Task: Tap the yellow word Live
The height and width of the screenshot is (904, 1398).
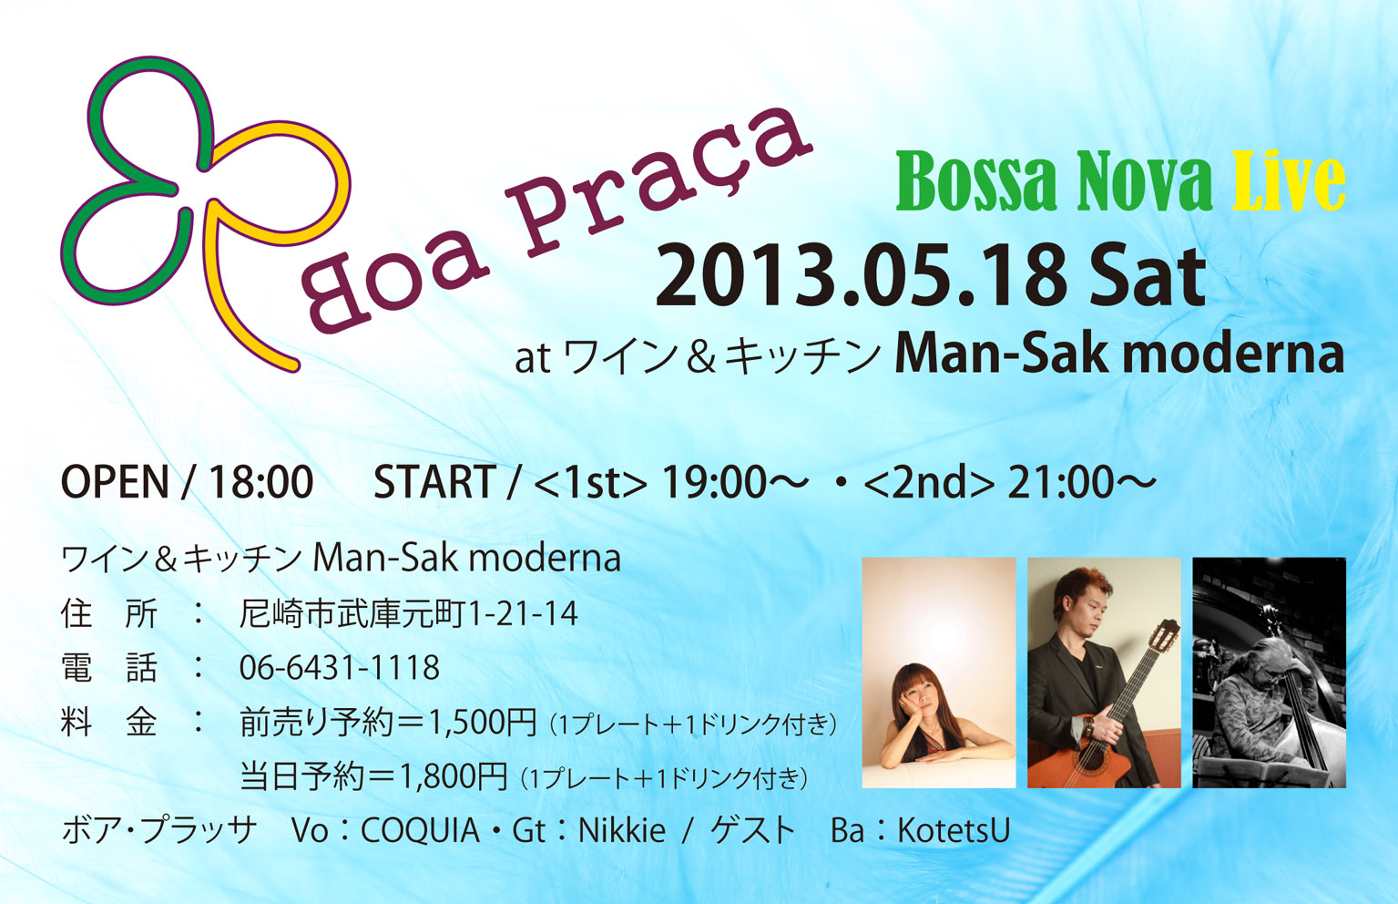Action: pyautogui.click(x=1288, y=182)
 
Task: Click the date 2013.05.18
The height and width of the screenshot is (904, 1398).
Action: pyautogui.click(x=860, y=276)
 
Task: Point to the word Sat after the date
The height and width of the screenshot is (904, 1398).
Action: pyautogui.click(x=1147, y=276)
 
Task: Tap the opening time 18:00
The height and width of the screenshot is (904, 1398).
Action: pyautogui.click(x=260, y=482)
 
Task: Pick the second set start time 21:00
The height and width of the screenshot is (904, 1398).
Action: pyautogui.click(x=1060, y=482)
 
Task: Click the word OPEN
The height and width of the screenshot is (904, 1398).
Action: pyautogui.click(x=115, y=482)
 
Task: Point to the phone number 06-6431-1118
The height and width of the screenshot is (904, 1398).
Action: pyautogui.click(x=340, y=667)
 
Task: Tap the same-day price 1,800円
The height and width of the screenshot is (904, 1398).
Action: pyautogui.click(x=454, y=777)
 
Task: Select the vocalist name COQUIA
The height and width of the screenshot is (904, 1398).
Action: pyautogui.click(x=419, y=831)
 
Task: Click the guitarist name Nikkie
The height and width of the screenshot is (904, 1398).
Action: pyautogui.click(x=622, y=831)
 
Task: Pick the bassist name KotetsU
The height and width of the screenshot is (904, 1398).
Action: pyautogui.click(x=954, y=831)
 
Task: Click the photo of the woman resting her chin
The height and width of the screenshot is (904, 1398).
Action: pyautogui.click(x=939, y=673)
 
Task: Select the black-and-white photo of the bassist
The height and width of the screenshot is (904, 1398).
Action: pyautogui.click(x=1270, y=673)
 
